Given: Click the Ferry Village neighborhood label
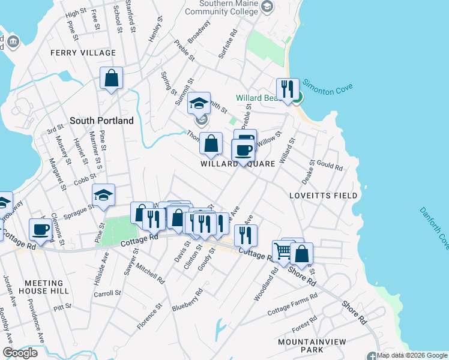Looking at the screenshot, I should pyautogui.click(x=83, y=53).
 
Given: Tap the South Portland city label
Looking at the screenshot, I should pyautogui.click(x=101, y=121).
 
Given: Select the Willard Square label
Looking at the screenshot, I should pyautogui.click(x=238, y=164).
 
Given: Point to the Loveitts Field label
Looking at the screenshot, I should pyautogui.click(x=323, y=196).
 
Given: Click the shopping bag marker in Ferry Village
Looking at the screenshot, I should pyautogui.click(x=111, y=77).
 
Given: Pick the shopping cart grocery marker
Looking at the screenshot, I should pyautogui.click(x=283, y=250).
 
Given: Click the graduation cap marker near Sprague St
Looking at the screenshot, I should pyautogui.click(x=103, y=194).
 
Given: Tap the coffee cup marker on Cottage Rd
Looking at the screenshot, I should pyautogui.click(x=41, y=229).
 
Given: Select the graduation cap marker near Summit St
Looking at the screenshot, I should pyautogui.click(x=199, y=103).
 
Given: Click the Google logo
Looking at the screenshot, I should pyautogui.click(x=20, y=353).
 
